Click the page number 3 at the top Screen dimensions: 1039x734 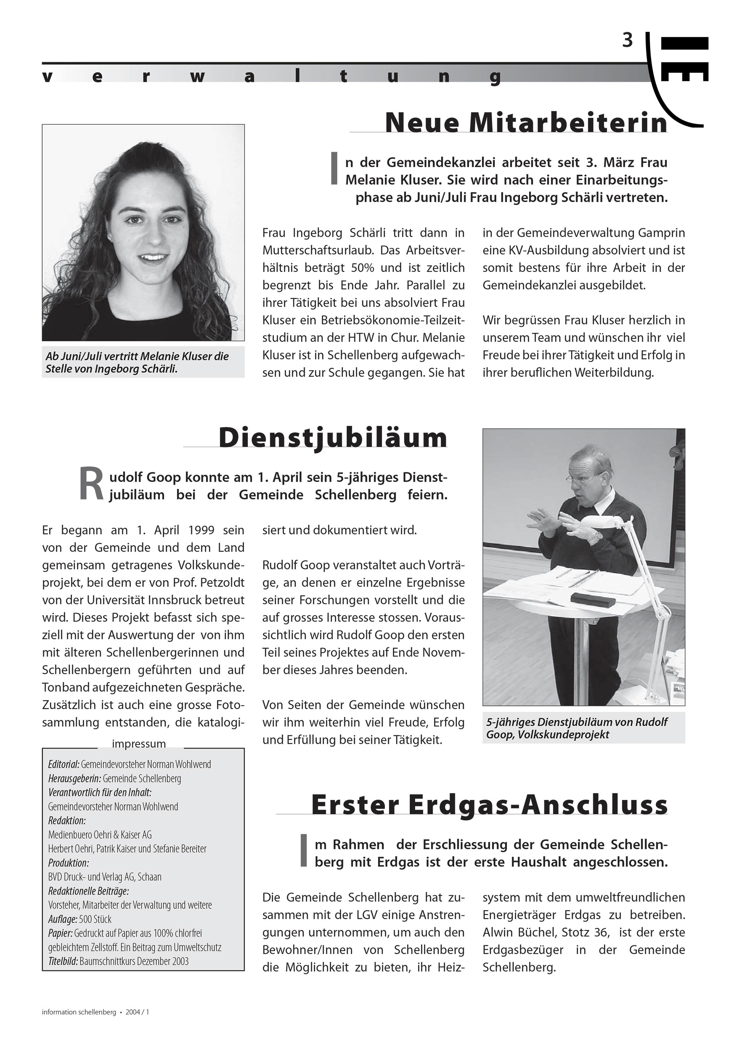point(627,41)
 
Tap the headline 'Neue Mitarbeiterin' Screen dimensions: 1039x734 point(526,123)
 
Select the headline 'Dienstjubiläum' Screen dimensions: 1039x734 point(333,437)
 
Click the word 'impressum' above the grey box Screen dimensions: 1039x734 point(139,743)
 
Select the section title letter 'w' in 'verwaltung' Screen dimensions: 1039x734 point(195,77)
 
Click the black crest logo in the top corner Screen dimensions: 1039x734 point(684,59)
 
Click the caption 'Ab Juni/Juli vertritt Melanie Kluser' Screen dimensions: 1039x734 point(137,356)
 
